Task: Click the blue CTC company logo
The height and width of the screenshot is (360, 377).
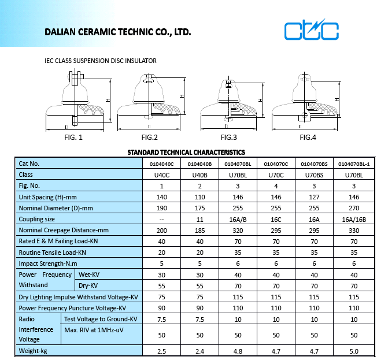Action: point(311,29)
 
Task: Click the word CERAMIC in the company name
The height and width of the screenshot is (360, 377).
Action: point(97,32)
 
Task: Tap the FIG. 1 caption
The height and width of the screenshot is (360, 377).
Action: point(73,137)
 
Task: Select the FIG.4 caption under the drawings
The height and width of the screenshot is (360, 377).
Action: point(308,137)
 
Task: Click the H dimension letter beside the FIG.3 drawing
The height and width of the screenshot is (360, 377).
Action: point(260,100)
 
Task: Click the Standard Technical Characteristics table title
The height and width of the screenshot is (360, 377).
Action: point(186,153)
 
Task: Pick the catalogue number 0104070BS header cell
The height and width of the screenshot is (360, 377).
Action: point(314,164)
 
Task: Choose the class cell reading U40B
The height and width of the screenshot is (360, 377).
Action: point(199,175)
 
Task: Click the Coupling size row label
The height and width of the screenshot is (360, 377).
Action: point(37,219)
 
